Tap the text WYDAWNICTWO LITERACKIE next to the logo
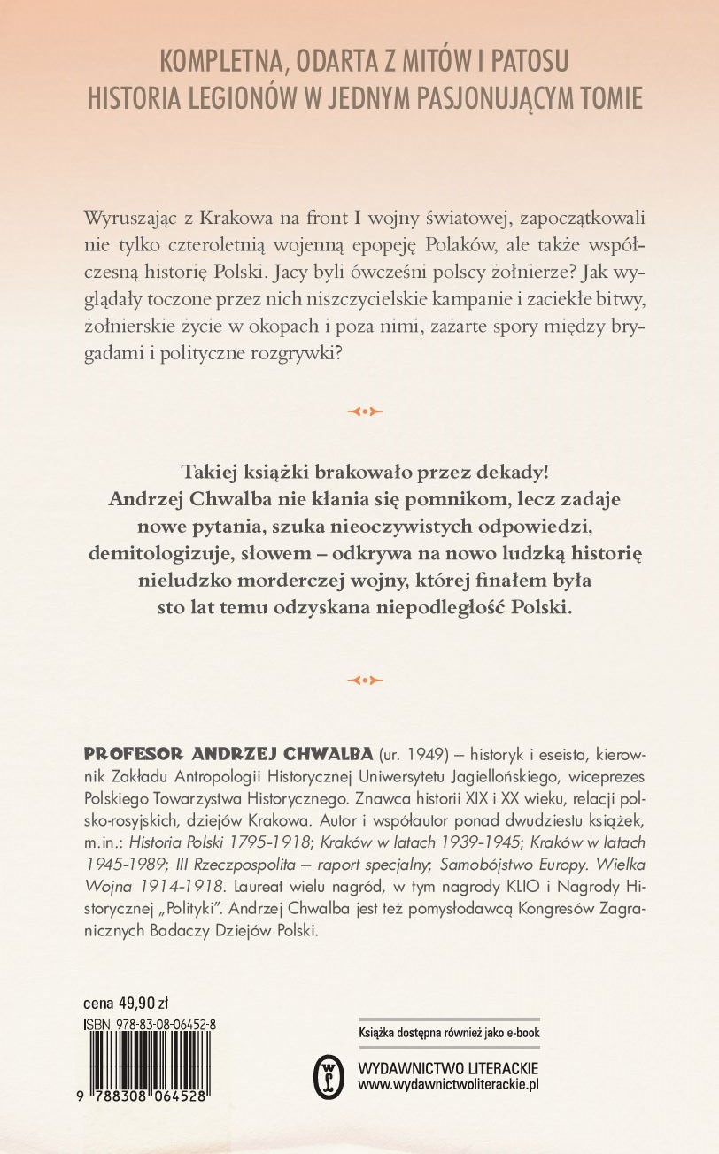click(448, 1067)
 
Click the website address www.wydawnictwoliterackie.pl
click(448, 1084)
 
